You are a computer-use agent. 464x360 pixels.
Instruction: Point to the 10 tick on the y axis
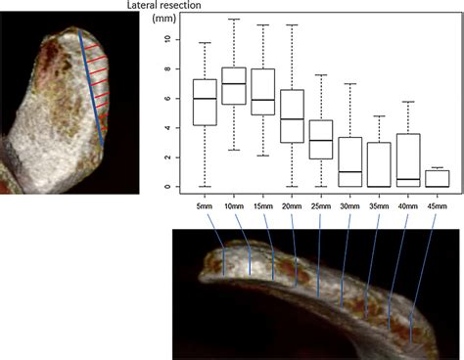tap(167, 40)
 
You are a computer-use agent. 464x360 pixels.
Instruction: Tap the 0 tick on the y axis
tap(167, 186)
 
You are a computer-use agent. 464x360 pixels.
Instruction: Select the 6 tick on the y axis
tap(167, 99)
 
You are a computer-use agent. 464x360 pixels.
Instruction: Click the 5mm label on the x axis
tap(204, 206)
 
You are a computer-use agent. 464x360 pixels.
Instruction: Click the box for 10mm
tap(234, 86)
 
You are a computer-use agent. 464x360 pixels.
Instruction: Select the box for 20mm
tap(292, 116)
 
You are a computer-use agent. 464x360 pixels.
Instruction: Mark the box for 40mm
tap(410, 159)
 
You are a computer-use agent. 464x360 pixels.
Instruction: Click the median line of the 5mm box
tap(204, 99)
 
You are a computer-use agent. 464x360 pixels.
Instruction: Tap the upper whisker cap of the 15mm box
tap(263, 25)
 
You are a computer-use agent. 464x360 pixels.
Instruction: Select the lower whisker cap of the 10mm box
tap(234, 150)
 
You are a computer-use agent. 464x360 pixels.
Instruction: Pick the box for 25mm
tap(322, 139)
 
